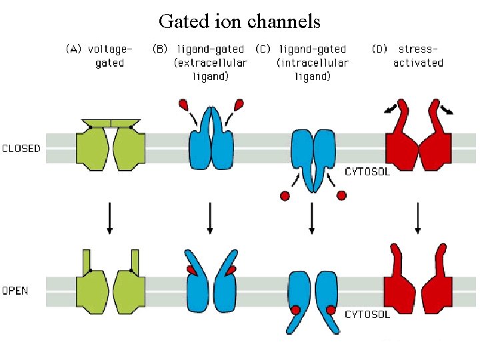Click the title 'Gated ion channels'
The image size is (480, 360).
239,21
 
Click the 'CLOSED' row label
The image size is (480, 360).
21,148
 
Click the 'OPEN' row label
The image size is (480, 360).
15,291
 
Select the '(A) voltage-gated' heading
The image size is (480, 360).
99,56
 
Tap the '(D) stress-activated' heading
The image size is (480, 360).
407,56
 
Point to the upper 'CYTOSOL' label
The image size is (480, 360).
367,172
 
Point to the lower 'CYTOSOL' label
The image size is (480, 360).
367,314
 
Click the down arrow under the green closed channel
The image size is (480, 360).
110,217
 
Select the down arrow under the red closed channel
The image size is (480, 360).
417,217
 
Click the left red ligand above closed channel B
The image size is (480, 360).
183,104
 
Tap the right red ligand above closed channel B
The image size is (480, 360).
238,104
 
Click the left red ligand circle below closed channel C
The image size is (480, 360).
285,196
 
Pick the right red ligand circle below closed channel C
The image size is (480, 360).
341,195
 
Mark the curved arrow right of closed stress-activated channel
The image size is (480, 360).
446,109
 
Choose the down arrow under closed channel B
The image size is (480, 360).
210,217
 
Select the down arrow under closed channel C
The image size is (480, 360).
311,217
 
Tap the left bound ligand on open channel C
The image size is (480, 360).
295,310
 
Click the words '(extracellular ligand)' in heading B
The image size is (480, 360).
211,69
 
